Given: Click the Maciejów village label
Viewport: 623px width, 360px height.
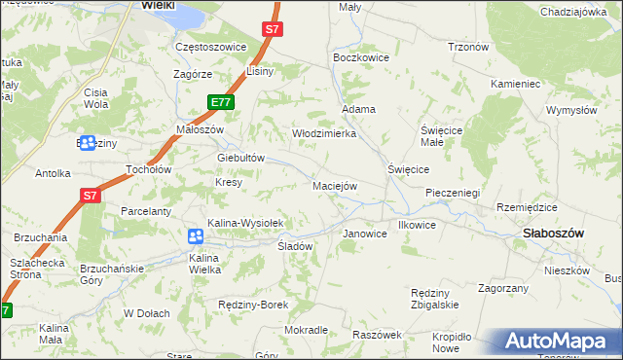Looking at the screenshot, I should pos(335,185).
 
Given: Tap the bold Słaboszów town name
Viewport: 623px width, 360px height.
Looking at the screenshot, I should pos(553,234).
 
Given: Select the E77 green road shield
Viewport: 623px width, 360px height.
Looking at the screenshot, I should pos(220,102).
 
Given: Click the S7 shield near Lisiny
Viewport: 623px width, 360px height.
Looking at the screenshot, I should pos(273,30).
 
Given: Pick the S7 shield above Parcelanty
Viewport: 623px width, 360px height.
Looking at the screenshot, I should pos(90,196).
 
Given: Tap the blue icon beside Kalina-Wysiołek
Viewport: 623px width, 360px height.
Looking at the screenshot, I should pos(195,236).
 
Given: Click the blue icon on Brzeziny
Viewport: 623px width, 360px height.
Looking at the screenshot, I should pos(88,144).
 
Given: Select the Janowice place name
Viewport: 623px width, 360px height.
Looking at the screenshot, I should pos(366,234).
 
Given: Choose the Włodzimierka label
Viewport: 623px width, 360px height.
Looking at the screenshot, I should pos(324,133).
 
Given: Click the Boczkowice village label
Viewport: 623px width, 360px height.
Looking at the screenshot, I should pos(361,58).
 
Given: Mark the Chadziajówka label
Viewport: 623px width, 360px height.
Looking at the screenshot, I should pos(572,12).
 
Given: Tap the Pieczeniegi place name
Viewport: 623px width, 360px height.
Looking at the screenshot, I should pos(454,193).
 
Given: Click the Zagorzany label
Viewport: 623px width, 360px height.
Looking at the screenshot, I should pos(503,288).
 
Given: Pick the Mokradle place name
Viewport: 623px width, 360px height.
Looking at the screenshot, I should pos(306,330).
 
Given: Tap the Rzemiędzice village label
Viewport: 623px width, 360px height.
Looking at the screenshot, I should pos(527,207).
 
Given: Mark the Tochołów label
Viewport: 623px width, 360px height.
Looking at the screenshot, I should pos(149,169).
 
